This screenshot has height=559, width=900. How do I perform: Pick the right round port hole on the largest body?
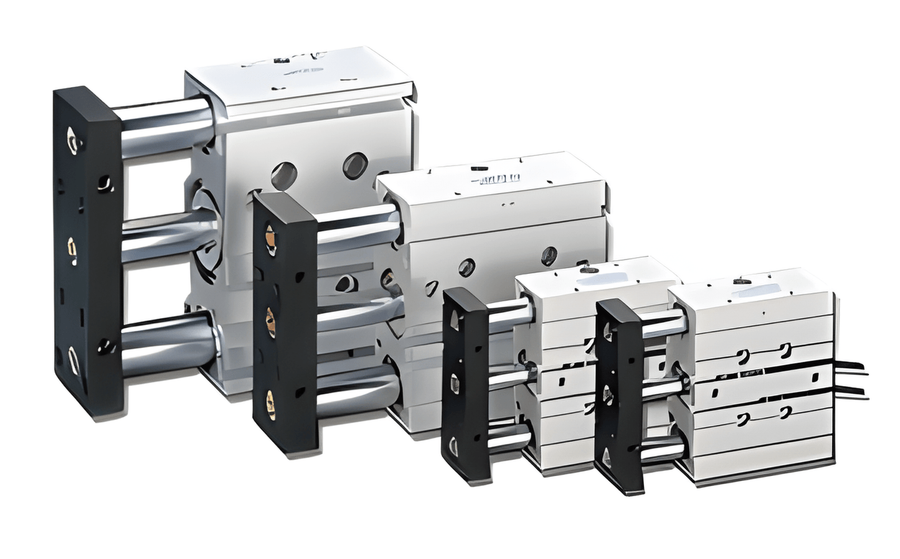(354, 164)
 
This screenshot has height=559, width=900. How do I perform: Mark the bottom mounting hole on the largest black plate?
(73, 360)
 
